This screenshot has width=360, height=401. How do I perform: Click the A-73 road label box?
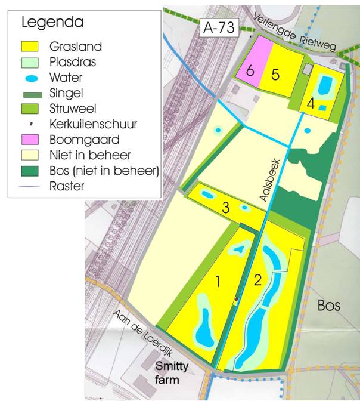pyautogui.click(x=219, y=27)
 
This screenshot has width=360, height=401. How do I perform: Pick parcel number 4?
pyautogui.click(x=311, y=103)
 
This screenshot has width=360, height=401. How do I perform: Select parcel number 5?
pyautogui.click(x=275, y=74)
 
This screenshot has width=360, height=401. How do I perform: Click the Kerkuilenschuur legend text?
pyautogui.click(x=102, y=124)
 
